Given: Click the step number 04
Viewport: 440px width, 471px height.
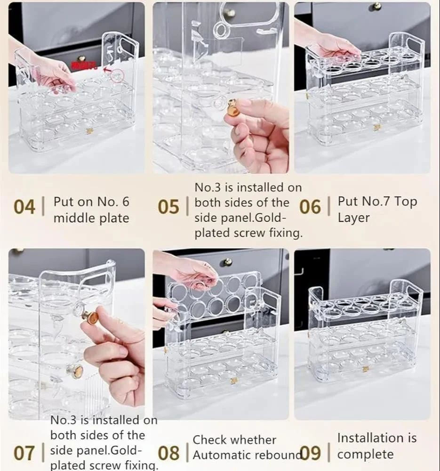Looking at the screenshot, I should click(24, 207).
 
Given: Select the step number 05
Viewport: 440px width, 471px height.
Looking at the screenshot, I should click(168, 207).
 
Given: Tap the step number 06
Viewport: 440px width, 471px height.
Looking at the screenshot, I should click(310, 207).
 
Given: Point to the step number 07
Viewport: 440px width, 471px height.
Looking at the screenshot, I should click(24, 454).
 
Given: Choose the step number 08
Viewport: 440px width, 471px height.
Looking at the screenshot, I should click(168, 454).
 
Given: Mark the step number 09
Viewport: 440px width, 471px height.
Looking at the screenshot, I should click(311, 454).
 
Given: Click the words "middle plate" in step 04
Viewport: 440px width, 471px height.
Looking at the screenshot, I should click(91, 218).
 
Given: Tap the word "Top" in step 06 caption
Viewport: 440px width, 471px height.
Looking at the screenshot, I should click(406, 202).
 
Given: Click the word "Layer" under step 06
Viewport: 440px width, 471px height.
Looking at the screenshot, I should click(353, 218).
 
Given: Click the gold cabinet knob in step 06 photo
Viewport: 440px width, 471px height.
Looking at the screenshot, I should click(376, 6).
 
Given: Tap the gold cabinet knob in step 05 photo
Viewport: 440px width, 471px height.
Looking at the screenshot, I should click(229, 13).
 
